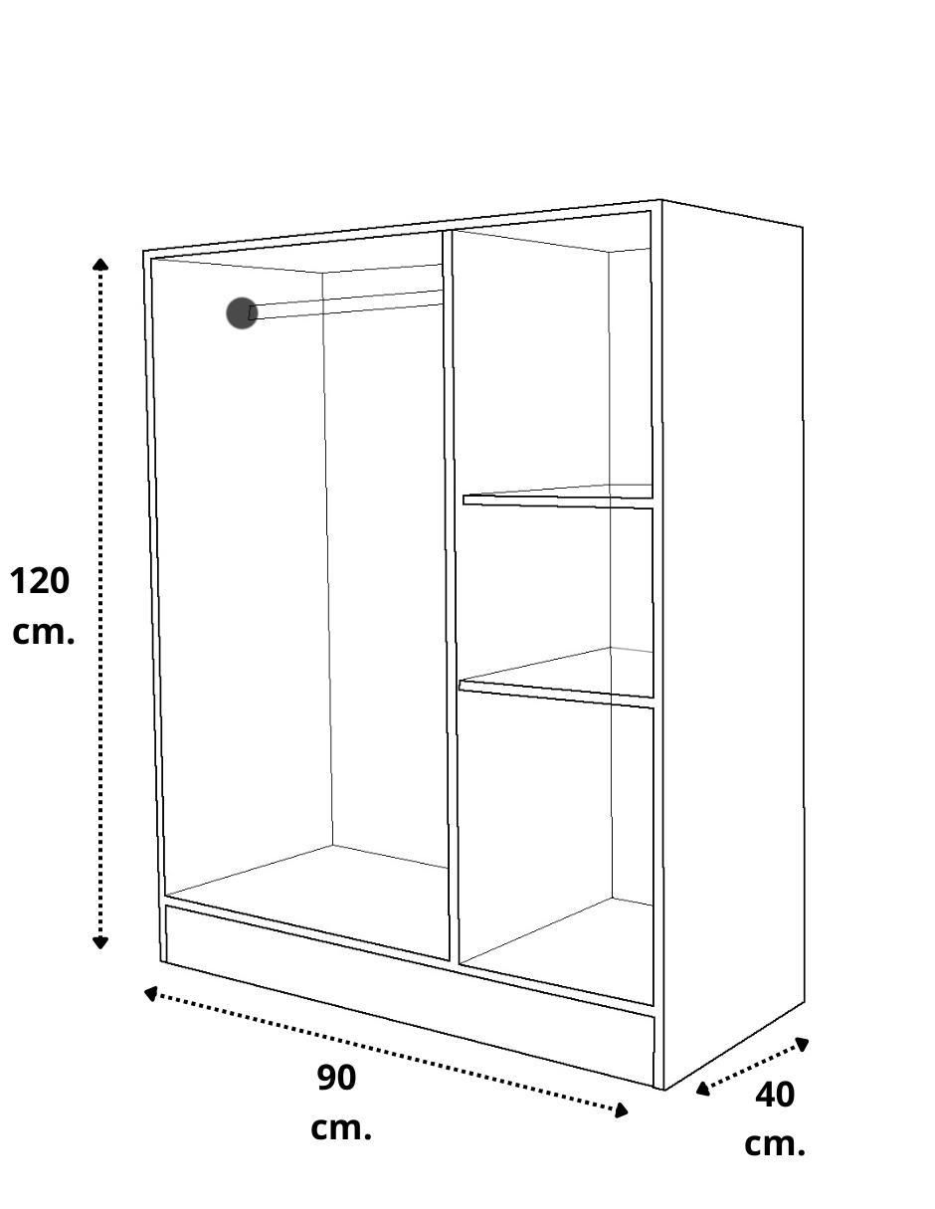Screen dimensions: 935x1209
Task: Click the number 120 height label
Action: (x=40, y=581)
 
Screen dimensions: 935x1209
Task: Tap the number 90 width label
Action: (x=337, y=1079)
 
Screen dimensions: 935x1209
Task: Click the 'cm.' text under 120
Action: (x=44, y=633)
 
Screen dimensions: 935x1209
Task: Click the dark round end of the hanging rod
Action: (x=242, y=313)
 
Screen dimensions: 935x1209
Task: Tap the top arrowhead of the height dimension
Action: (x=100, y=265)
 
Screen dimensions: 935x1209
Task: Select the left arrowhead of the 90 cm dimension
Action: (x=150, y=994)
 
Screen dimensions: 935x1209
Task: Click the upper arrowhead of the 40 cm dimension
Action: (x=801, y=1044)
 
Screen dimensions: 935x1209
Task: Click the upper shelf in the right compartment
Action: (x=558, y=497)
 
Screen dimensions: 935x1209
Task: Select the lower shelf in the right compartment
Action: (x=556, y=678)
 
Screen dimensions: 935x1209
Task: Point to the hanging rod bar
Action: (x=347, y=304)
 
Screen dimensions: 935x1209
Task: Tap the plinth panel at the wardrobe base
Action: (x=410, y=996)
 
